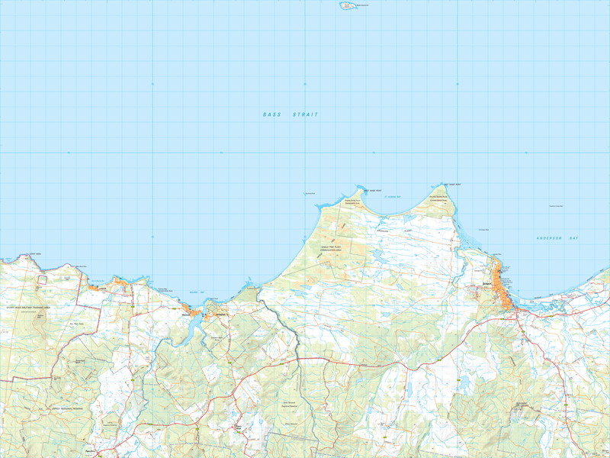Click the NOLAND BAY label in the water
coord(193,292)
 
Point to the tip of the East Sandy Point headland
coord(444,182)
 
